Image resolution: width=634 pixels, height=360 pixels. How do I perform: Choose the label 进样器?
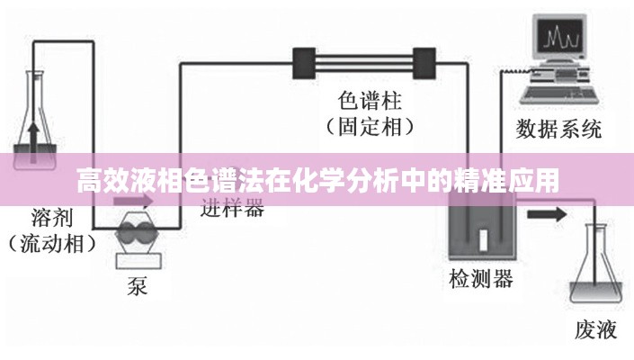[x=232, y=209]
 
